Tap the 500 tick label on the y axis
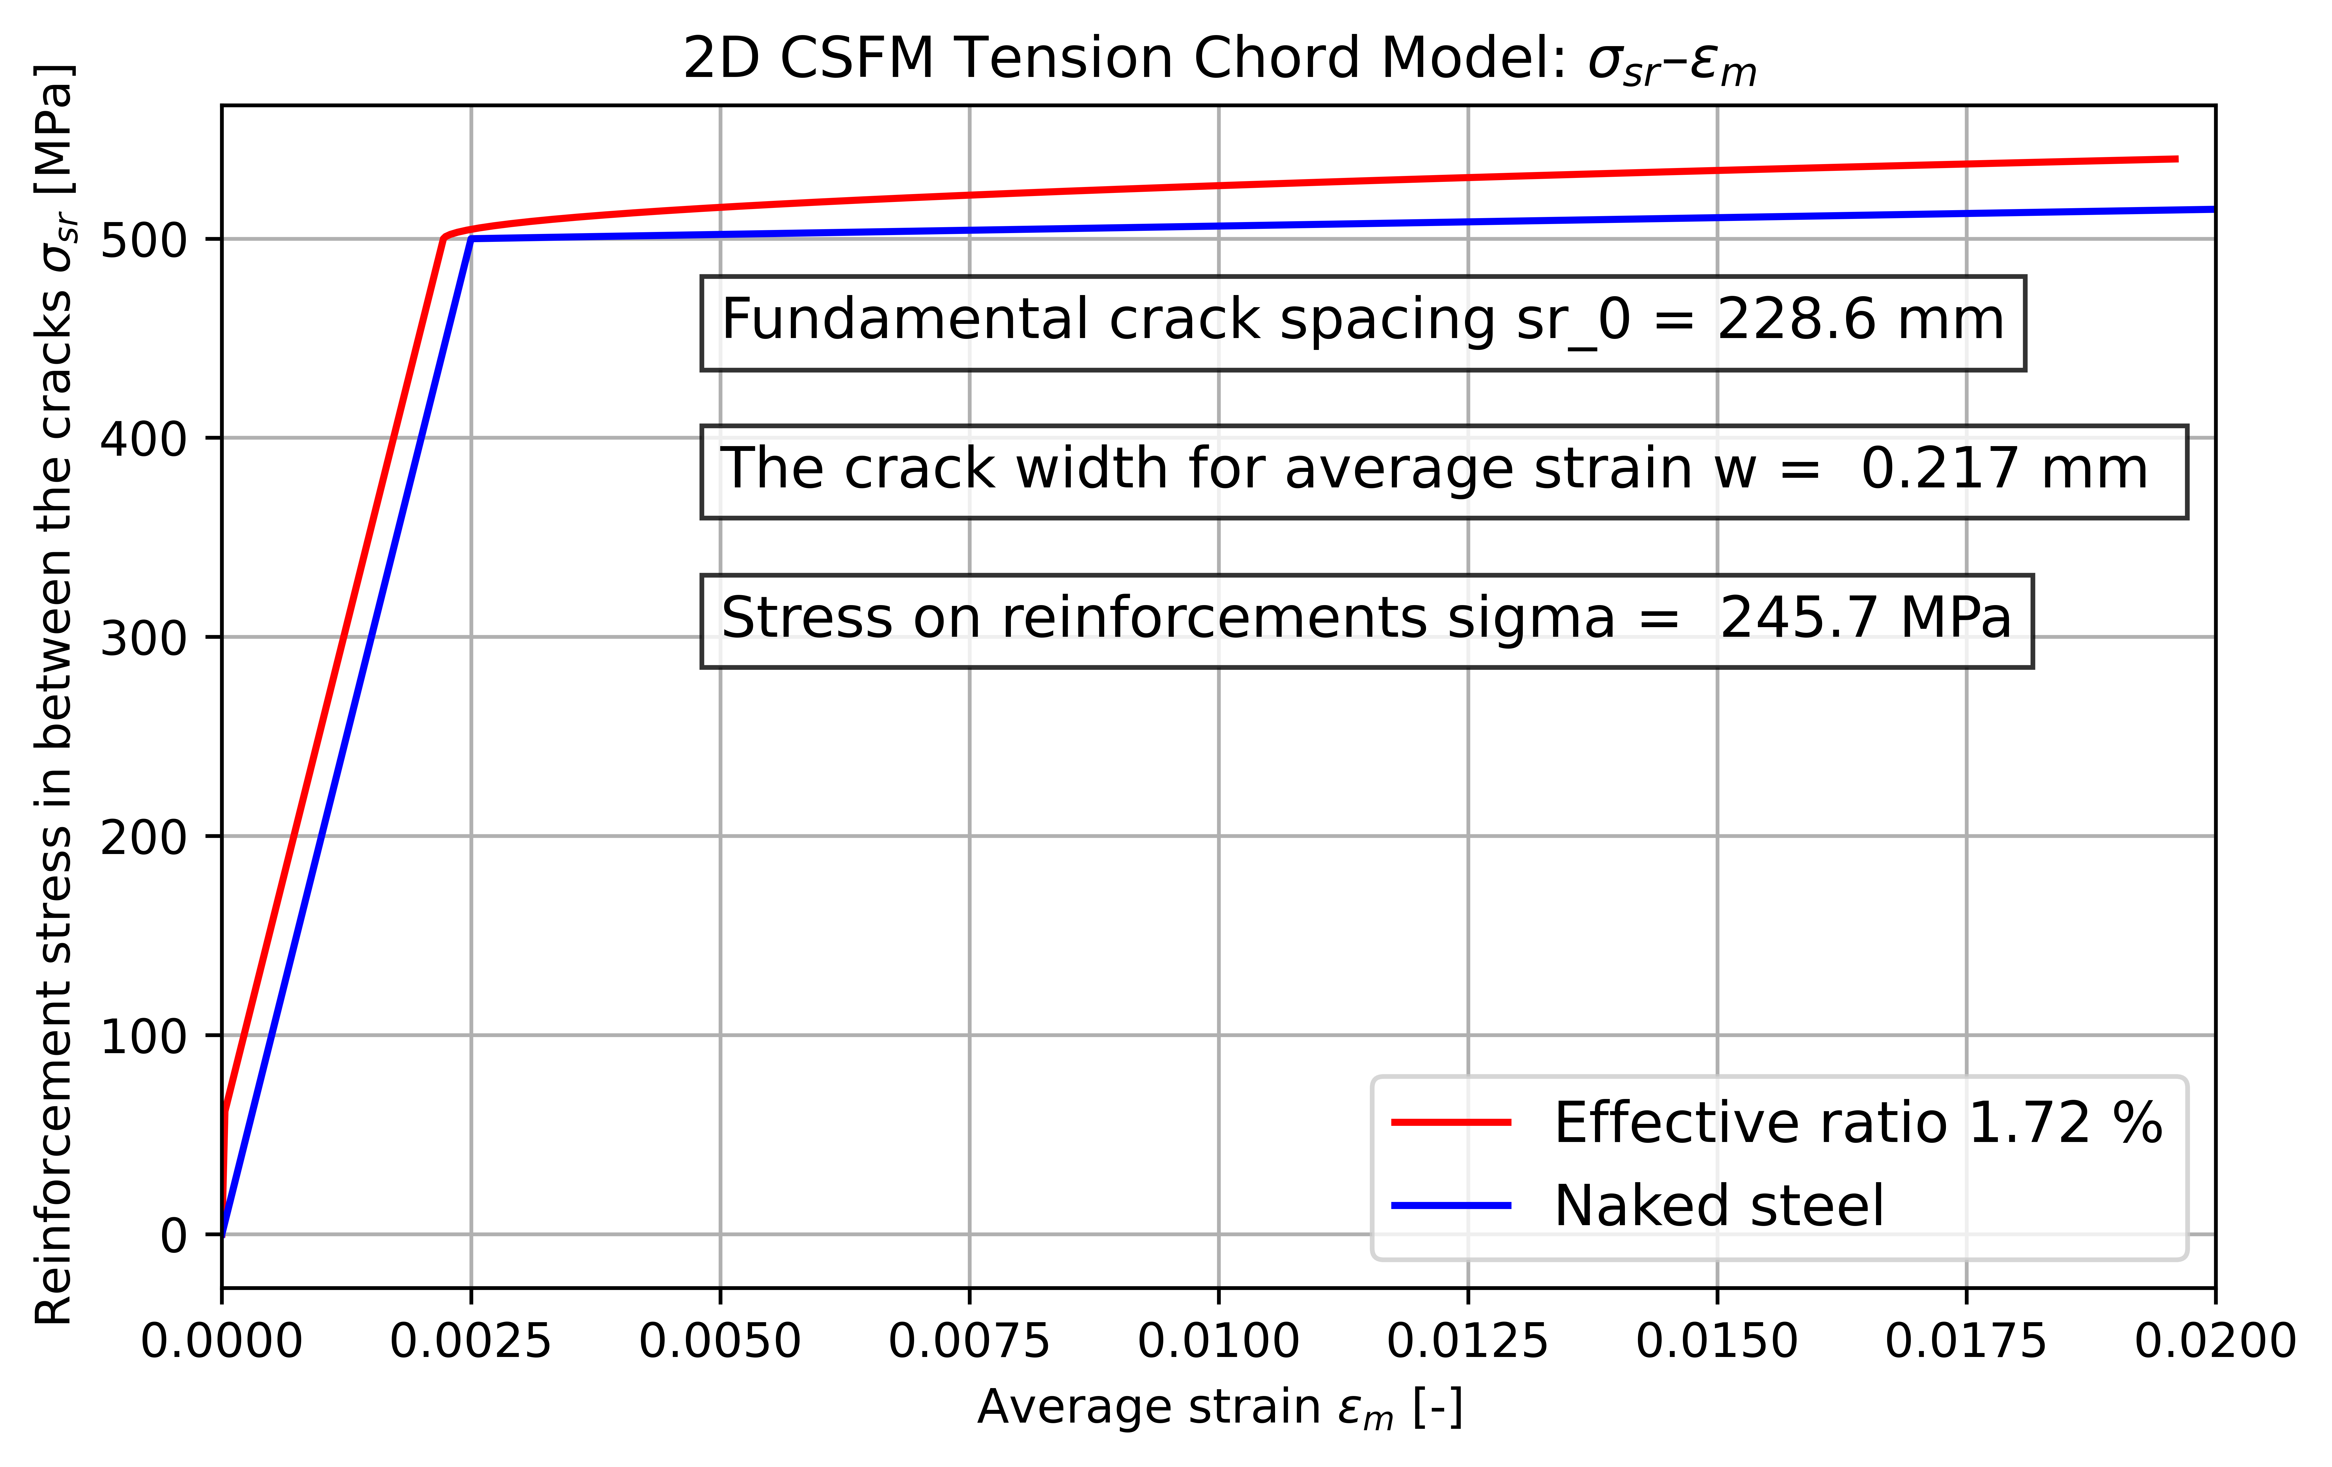coord(143,239)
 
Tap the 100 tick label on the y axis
coord(143,1036)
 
